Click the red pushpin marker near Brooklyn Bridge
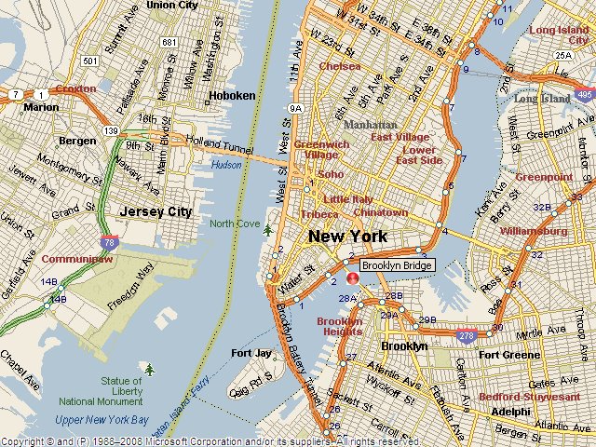click(353, 278)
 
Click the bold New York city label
click(347, 237)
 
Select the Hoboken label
click(233, 96)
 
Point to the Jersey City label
click(156, 211)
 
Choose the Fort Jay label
click(251, 353)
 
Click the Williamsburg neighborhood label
click(534, 230)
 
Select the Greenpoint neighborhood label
click(544, 176)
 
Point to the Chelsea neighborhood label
click(339, 66)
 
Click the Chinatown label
click(380, 212)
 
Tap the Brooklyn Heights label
click(340, 327)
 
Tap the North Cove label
click(235, 223)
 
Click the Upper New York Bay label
click(102, 420)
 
